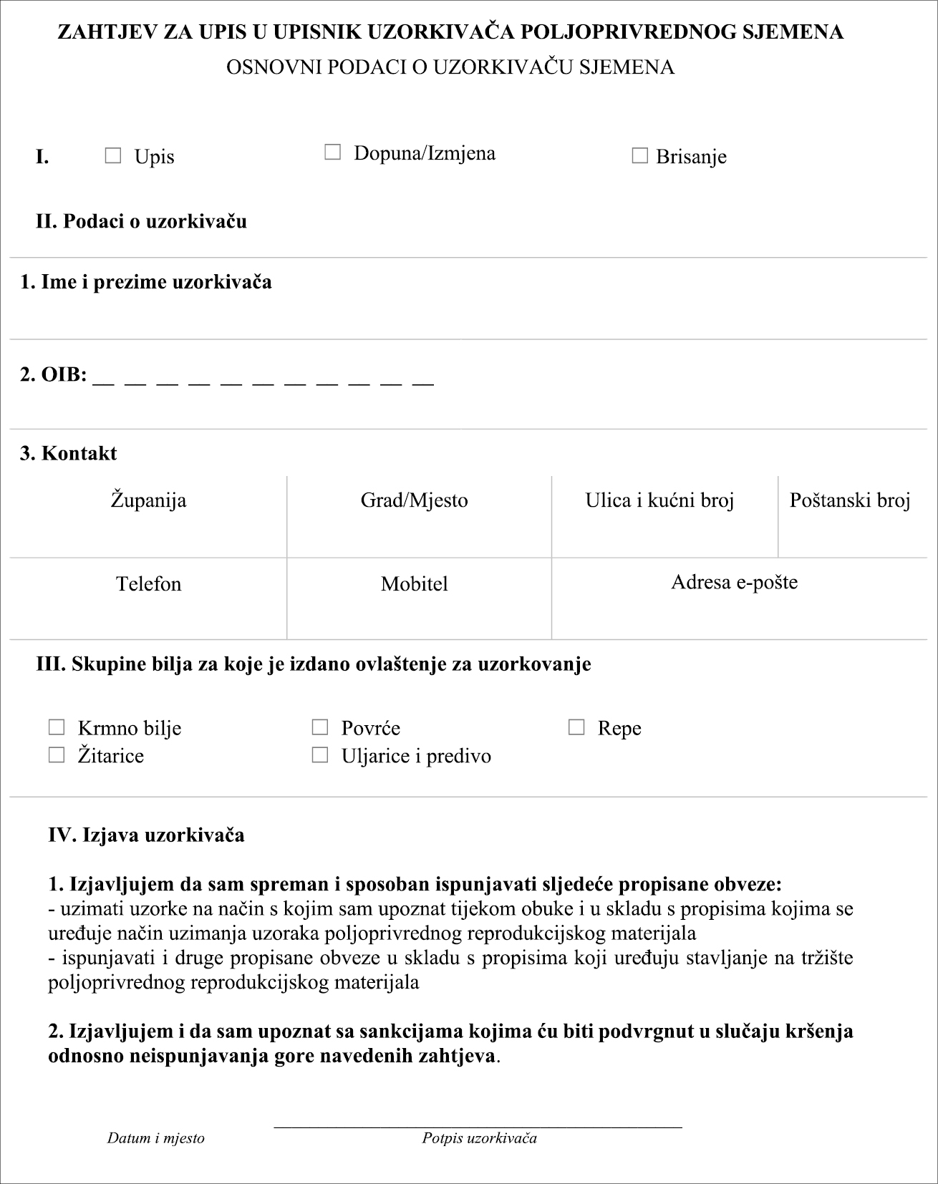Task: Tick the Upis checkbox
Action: click(113, 155)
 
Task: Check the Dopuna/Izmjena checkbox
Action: click(332, 152)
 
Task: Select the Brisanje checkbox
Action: click(639, 155)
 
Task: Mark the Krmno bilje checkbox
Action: click(57, 727)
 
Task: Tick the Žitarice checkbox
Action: click(57, 754)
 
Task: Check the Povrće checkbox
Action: click(320, 727)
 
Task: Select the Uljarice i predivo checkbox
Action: click(320, 754)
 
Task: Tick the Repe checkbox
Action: click(576, 727)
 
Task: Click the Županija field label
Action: click(148, 500)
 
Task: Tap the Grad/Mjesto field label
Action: click(414, 500)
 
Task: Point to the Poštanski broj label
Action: click(850, 500)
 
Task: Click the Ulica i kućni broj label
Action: click(659, 500)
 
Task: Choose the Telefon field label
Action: click(148, 583)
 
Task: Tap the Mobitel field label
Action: click(414, 583)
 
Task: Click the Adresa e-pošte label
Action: click(734, 581)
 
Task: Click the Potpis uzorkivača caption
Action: click(479, 1137)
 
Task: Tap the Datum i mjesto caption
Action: click(155, 1137)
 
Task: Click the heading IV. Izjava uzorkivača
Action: click(146, 835)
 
